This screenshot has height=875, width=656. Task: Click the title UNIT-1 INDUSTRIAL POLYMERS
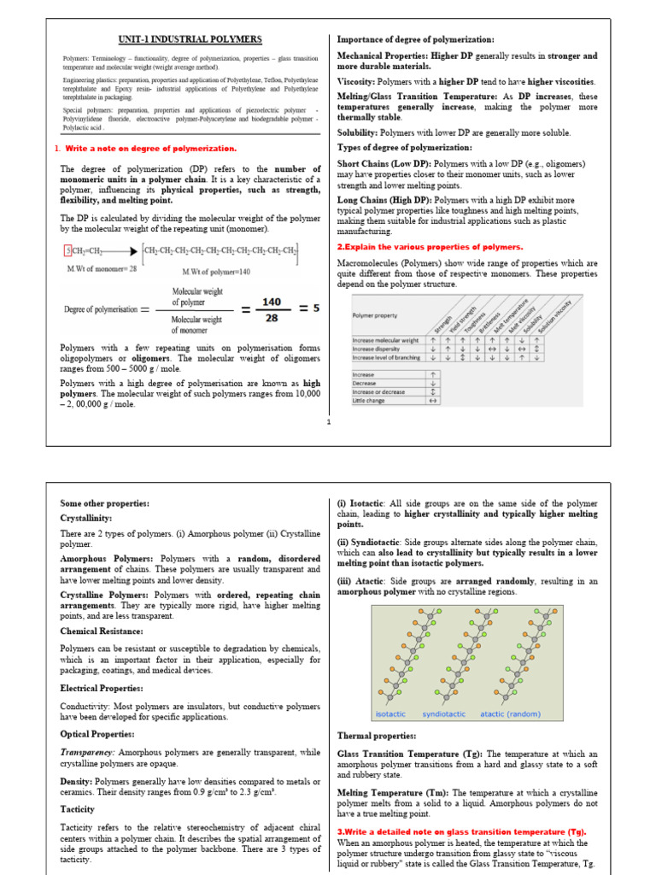coord(189,39)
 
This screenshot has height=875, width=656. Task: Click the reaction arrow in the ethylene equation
coord(120,251)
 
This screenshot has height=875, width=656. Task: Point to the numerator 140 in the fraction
coord(271,302)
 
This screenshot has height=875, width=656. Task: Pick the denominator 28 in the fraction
coord(271,319)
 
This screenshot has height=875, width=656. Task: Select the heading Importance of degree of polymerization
coord(416,39)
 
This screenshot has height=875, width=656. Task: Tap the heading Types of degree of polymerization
coord(405,148)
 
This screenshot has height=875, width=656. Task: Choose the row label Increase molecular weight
coord(386,340)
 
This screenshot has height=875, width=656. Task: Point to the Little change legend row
coord(369,400)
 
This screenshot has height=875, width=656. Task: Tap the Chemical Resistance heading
coord(101,631)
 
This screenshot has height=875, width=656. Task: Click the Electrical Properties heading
coord(102,687)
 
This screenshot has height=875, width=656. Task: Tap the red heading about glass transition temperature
coord(462,831)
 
